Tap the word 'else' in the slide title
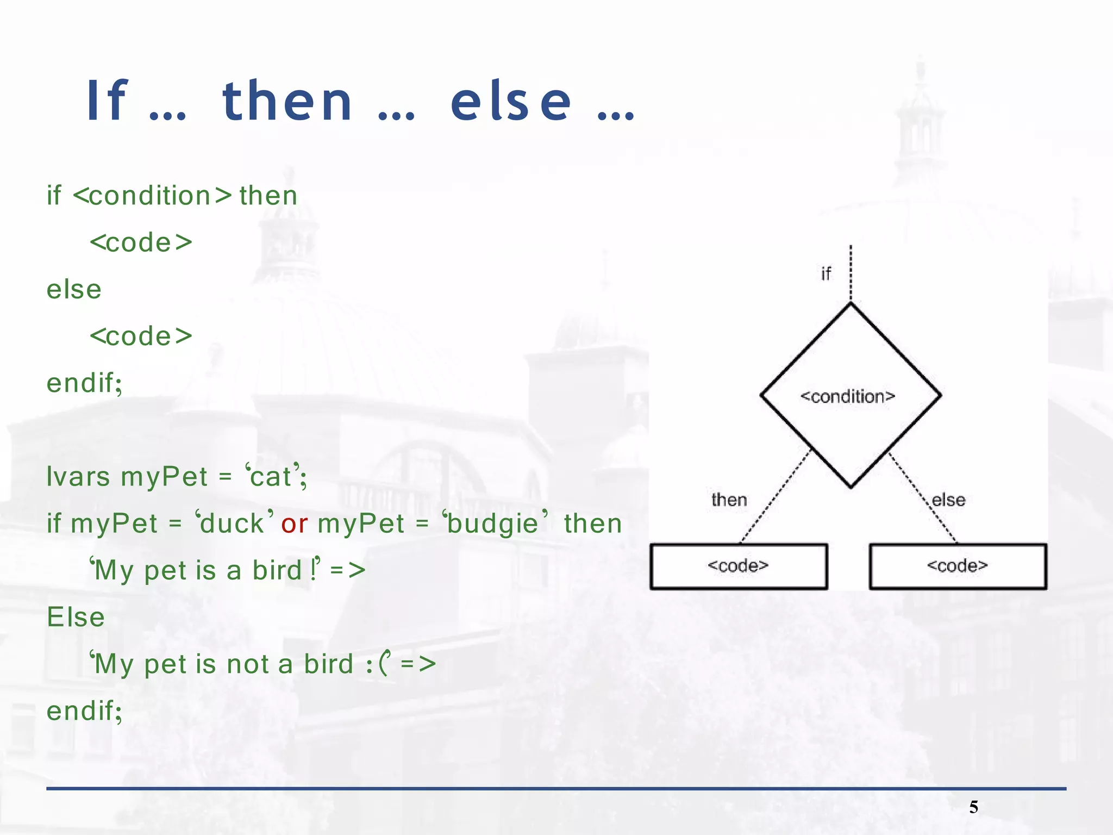[511, 102]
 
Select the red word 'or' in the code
[294, 524]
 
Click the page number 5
[973, 807]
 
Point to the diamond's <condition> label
[847, 397]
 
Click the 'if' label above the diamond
[826, 273]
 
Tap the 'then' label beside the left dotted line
[729, 500]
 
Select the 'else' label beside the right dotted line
[948, 500]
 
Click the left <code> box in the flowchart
[738, 566]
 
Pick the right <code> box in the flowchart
[957, 566]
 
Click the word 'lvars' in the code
[78, 477]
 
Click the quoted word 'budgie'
[492, 524]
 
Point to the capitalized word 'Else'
[76, 618]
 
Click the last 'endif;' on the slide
[84, 711]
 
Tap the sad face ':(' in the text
[377, 664]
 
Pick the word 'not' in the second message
[248, 664]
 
